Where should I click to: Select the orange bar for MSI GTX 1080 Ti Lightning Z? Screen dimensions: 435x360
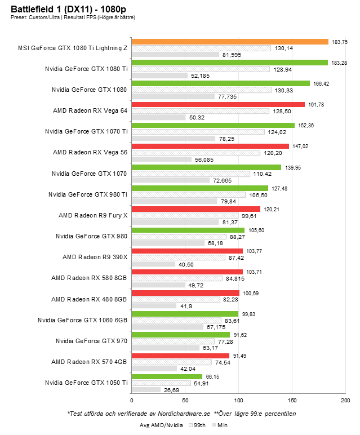tap(230, 42)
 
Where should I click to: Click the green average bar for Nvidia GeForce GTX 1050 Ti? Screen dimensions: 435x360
tap(167, 376)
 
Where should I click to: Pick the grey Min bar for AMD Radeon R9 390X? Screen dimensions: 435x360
tap(153, 264)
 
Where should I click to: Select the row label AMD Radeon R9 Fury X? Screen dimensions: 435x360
tap(93, 215)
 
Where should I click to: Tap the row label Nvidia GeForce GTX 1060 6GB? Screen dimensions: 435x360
tap(83, 319)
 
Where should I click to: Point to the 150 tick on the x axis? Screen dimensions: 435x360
tap(292, 401)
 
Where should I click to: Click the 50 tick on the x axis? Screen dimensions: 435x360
tap(185, 401)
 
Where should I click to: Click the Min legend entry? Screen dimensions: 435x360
tap(220, 425)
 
